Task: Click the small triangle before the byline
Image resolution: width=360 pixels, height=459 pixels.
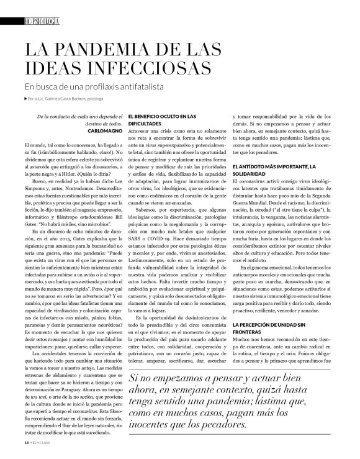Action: point(25,99)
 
